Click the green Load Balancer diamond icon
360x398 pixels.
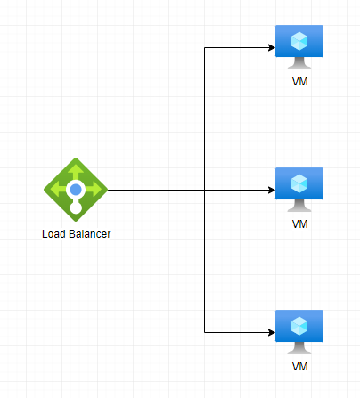(x=76, y=190)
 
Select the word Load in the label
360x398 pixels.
(x=53, y=234)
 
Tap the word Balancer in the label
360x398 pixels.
(x=89, y=234)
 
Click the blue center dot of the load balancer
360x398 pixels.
(x=76, y=190)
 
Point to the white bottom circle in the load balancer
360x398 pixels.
(x=76, y=207)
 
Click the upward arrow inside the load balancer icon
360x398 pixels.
(x=76, y=171)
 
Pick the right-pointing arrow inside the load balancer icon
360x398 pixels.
(x=94, y=190)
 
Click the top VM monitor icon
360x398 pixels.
(x=299, y=47)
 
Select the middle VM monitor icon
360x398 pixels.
(x=299, y=190)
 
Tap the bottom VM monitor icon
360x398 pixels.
(x=299, y=332)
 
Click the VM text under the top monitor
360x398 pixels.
(x=299, y=82)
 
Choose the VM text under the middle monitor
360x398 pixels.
(x=299, y=224)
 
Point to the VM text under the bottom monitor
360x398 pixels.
(x=299, y=367)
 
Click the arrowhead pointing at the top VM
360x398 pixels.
(x=272, y=47)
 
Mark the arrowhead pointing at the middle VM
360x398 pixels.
(x=272, y=190)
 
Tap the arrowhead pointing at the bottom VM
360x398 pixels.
(x=272, y=332)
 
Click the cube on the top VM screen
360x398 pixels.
(x=299, y=41)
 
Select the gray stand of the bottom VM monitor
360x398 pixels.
(x=299, y=348)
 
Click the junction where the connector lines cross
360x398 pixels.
(x=204, y=190)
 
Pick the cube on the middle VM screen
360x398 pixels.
(x=299, y=183)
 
